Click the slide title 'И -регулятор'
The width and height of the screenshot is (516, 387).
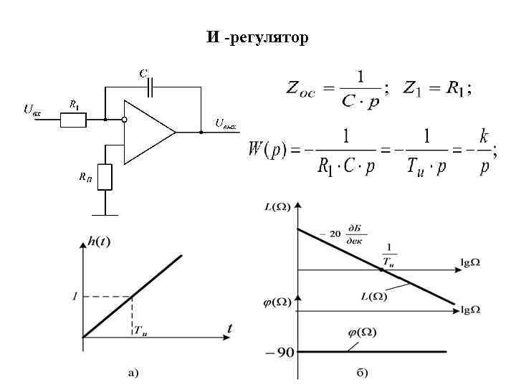coord(257,38)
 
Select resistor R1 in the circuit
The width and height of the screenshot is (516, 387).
coord(73,120)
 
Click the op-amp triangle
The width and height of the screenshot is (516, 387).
coord(148,132)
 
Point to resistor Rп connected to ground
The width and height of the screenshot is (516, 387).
coord(105,176)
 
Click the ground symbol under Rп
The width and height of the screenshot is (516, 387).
coord(105,213)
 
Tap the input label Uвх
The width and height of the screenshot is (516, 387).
coord(32,110)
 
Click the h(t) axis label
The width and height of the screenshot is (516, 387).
coord(98,242)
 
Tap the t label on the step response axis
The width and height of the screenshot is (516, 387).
coord(229,328)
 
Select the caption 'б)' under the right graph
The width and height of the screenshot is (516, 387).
coord(362,372)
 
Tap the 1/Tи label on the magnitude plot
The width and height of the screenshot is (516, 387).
coord(388,252)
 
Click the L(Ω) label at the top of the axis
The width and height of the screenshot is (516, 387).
coord(277,208)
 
